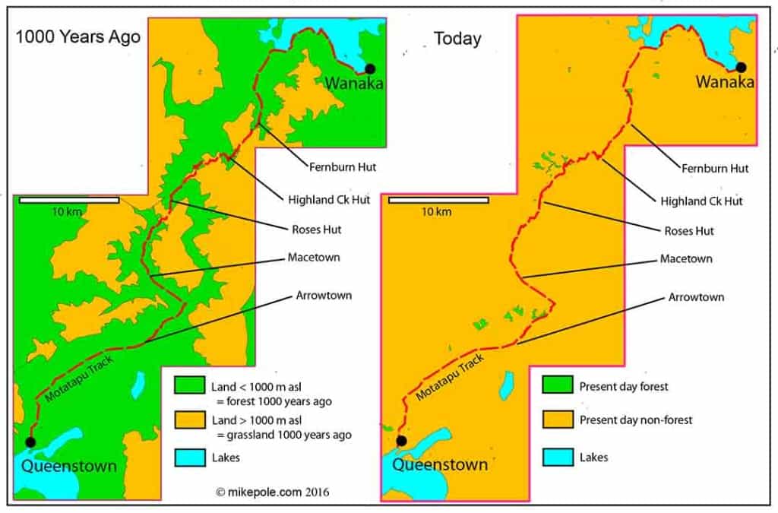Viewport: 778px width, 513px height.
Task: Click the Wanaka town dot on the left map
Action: click(x=370, y=68)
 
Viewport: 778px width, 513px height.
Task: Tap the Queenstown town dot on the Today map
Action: click(x=400, y=441)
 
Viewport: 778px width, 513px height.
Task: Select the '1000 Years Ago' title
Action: click(x=78, y=36)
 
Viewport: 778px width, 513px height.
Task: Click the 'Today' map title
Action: click(x=457, y=39)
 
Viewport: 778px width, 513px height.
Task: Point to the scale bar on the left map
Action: click(x=69, y=200)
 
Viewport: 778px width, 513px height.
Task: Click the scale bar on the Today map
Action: click(x=438, y=201)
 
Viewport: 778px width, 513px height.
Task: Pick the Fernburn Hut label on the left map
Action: click(x=343, y=166)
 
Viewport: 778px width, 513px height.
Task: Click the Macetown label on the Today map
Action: click(x=685, y=258)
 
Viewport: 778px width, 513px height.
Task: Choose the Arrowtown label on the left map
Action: click(x=324, y=295)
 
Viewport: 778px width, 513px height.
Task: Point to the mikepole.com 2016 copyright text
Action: click(x=272, y=492)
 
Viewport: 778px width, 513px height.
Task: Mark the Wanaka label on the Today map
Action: click(x=725, y=81)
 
